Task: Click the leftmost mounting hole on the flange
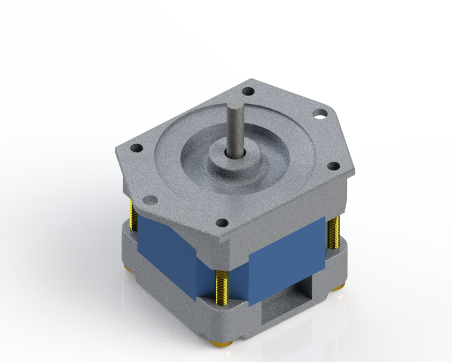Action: tap(136, 149)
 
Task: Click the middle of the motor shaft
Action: tap(234, 127)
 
